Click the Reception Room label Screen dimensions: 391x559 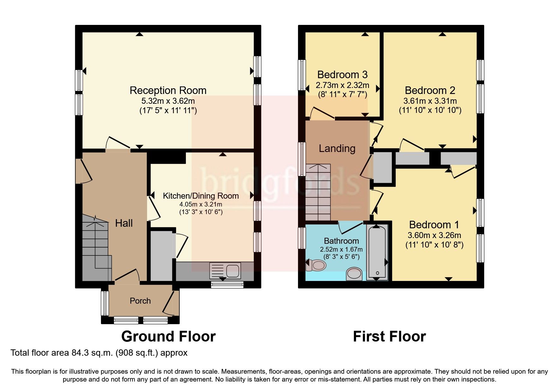(168, 90)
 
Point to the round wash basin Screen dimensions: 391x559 (354, 274)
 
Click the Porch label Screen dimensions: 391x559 (140, 301)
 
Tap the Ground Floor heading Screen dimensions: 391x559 (168, 336)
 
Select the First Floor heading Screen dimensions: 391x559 (389, 336)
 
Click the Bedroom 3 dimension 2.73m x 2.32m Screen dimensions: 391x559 (342, 85)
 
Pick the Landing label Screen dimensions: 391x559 (337, 149)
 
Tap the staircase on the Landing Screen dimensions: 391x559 (318, 192)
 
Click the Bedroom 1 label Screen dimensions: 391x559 (434, 225)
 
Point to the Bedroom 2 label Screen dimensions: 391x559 (430, 90)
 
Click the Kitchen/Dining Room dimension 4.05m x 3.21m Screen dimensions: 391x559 (201, 204)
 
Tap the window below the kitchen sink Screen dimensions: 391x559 (227, 285)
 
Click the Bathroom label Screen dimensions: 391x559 (341, 241)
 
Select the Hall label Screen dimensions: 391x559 (124, 223)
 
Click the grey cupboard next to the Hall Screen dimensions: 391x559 (161, 255)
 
